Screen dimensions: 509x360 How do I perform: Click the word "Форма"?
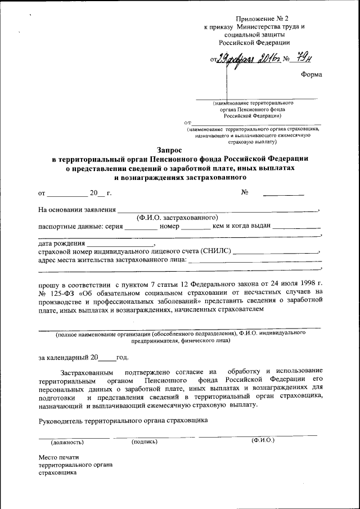pos(312,76)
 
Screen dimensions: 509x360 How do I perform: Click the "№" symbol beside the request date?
pos(245,193)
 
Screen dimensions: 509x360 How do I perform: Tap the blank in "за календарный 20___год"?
pos(107,357)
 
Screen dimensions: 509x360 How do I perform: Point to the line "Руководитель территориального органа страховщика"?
pos(123,420)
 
